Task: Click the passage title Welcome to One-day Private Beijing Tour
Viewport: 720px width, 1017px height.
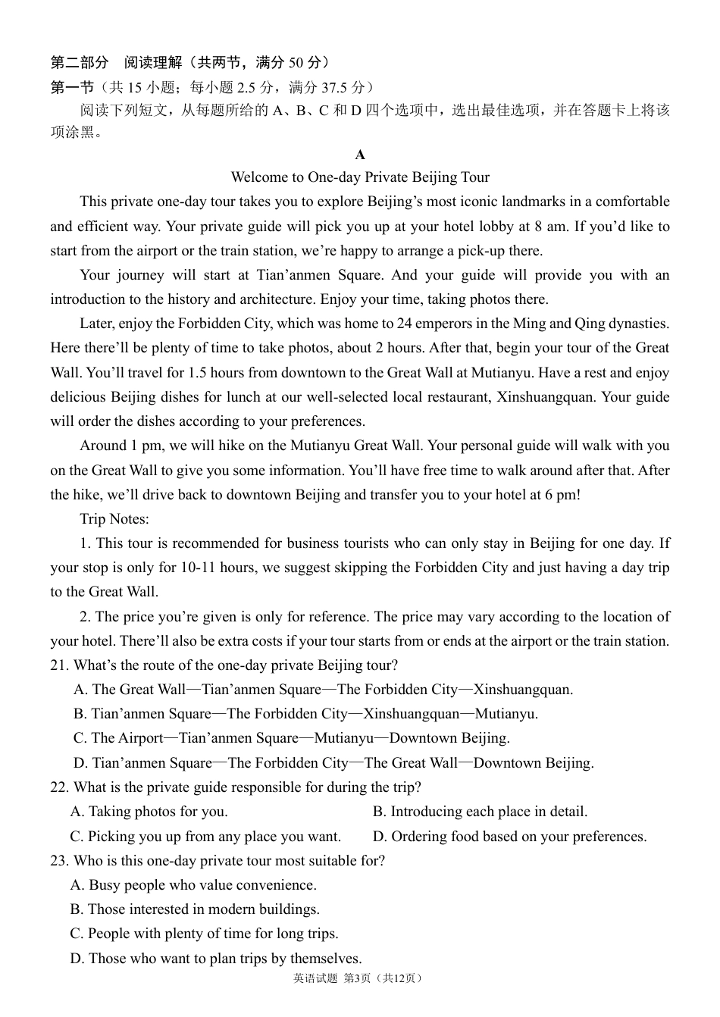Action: point(360,177)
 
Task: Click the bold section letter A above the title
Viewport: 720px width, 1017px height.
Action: point(360,155)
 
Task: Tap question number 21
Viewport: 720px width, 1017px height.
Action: point(59,665)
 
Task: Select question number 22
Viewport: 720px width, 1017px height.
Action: point(59,787)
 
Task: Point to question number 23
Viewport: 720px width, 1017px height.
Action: point(59,861)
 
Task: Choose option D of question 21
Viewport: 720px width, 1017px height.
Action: point(333,763)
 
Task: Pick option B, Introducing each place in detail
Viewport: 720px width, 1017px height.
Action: point(480,812)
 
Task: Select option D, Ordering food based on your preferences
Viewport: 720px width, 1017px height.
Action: point(509,837)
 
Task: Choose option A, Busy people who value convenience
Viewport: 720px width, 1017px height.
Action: point(193,885)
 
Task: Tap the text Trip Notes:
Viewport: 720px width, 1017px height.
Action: point(114,519)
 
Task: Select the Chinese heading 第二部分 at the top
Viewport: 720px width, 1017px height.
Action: point(80,62)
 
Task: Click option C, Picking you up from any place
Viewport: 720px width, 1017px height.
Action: point(205,837)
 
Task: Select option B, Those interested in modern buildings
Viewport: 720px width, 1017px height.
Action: point(195,909)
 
